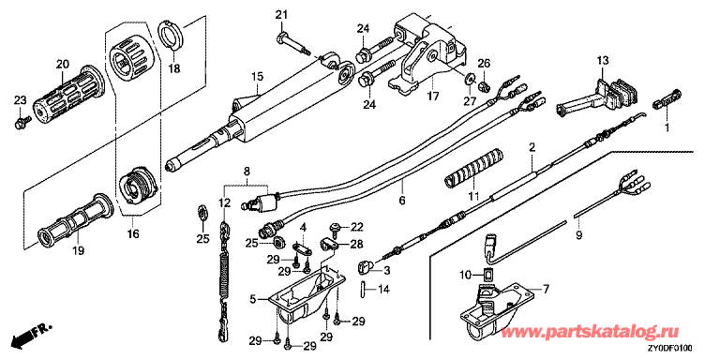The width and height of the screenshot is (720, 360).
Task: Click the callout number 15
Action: point(257,76)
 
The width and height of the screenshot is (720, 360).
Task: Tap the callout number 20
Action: point(62,64)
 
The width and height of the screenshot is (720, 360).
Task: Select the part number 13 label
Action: point(603,60)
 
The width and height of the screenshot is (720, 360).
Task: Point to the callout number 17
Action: point(433,97)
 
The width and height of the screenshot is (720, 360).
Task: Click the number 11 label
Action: point(473,196)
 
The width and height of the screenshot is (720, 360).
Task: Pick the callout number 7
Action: point(546,290)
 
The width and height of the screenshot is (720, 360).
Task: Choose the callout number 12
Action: point(224,202)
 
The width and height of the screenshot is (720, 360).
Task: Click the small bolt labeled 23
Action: point(22,122)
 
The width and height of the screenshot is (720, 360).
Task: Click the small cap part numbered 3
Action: point(365,265)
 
